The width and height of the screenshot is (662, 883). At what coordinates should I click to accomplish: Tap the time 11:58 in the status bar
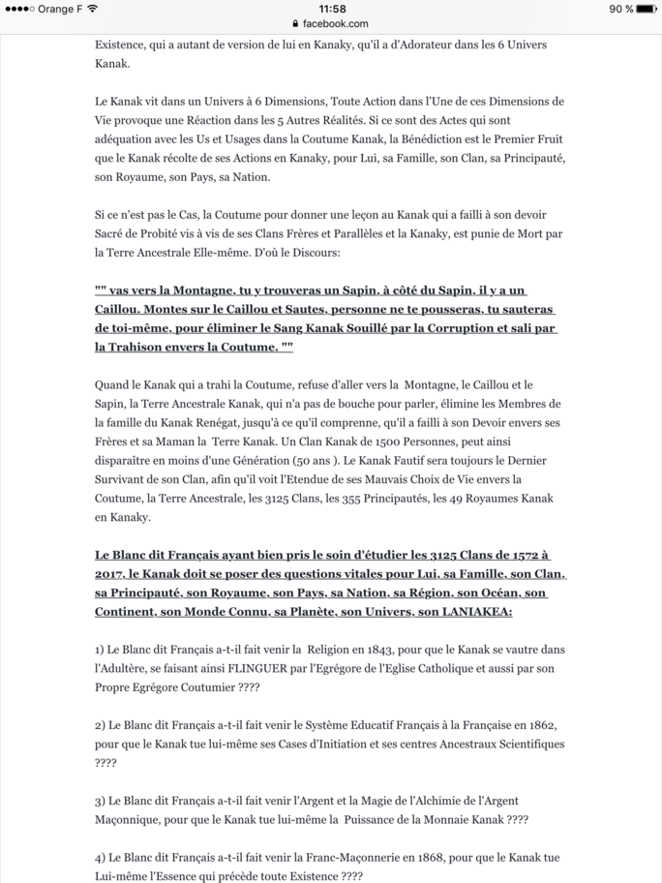[331, 9]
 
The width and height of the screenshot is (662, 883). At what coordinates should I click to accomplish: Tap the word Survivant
[131, 478]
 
